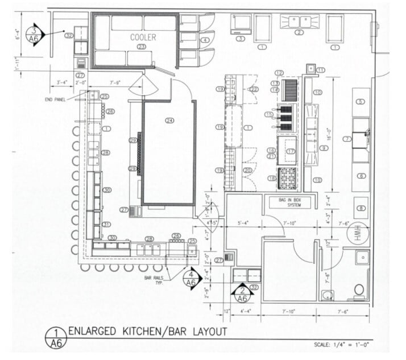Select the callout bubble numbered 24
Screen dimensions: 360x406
click(x=169, y=120)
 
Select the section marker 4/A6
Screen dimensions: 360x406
click(x=190, y=278)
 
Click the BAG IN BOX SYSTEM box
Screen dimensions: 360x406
click(x=289, y=202)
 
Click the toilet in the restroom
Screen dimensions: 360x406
click(x=359, y=290)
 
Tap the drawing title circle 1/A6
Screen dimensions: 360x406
click(x=55, y=338)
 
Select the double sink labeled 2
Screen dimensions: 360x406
click(x=300, y=22)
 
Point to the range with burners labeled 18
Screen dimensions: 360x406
click(x=287, y=178)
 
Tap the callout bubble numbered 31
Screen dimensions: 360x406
click(x=106, y=224)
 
